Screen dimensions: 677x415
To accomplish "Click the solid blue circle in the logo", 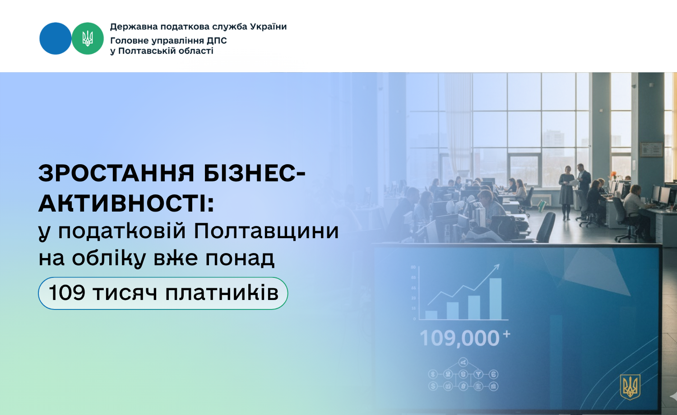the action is click(56, 38).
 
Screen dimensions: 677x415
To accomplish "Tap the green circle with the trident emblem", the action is click(88, 38).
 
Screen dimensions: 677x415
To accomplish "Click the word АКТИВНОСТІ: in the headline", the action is click(126, 203).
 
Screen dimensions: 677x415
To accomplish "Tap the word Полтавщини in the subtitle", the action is click(266, 231).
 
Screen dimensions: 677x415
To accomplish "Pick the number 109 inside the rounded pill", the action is click(67, 293).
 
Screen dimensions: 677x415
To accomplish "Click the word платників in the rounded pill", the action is click(222, 293).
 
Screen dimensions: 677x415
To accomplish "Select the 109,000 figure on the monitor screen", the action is click(459, 338).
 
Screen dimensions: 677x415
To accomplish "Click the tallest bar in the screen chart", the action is click(496, 299).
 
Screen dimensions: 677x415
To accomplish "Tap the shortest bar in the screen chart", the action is click(431, 315).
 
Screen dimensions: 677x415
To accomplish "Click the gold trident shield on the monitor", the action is click(630, 387).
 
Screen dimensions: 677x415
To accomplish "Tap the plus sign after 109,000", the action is click(506, 334).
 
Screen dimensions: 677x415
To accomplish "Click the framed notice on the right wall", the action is click(652, 149).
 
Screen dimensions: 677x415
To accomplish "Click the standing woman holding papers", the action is click(567, 192).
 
